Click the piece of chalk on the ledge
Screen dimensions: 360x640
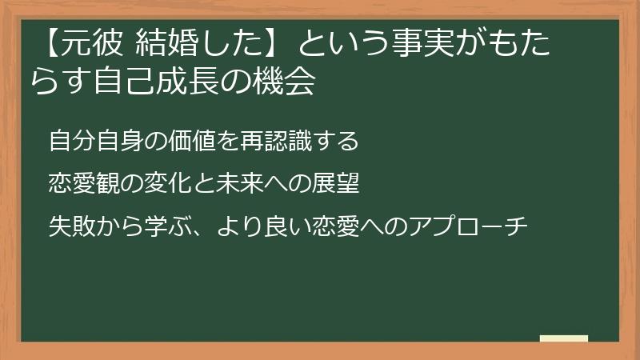[x=563, y=338]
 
